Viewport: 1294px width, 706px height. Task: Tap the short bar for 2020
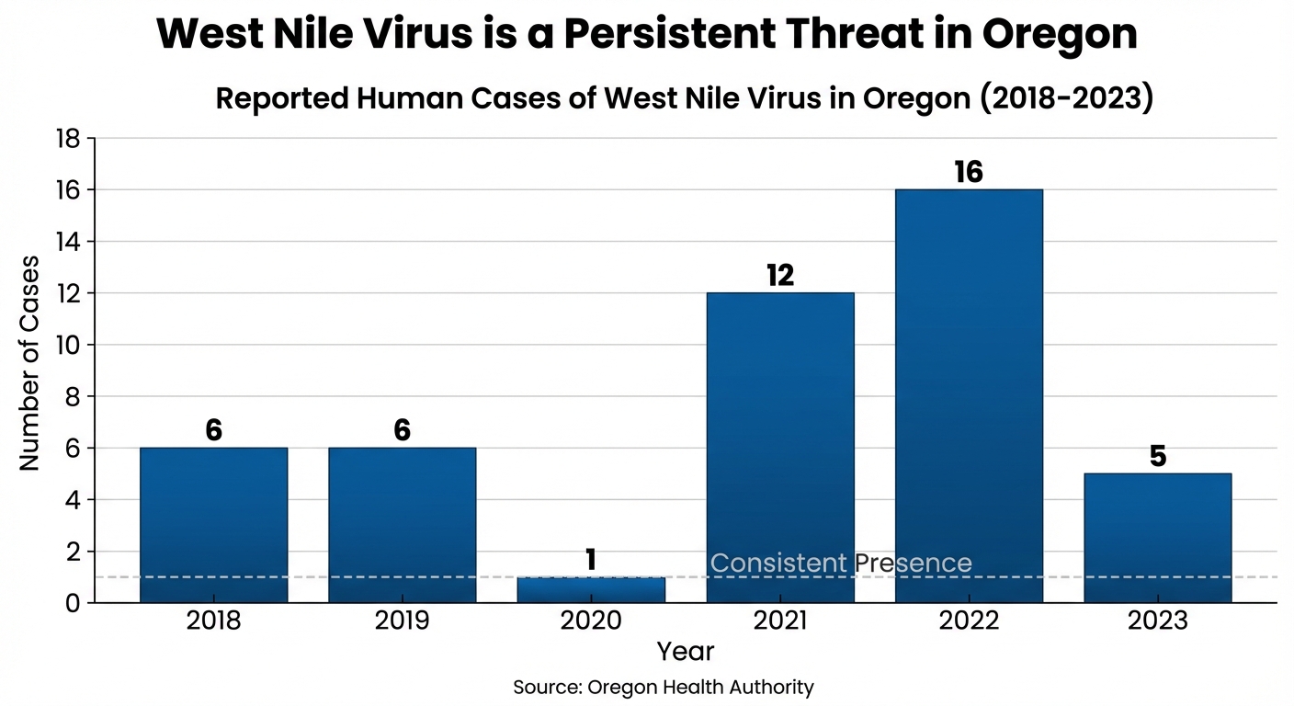click(591, 590)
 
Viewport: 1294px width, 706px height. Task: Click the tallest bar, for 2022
click(969, 395)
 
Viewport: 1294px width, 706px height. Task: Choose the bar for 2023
click(1157, 538)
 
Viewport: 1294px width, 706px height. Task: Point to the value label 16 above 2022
click(969, 172)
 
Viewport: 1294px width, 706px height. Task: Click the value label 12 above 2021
click(779, 275)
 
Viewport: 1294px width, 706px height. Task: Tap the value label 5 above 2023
click(1158, 456)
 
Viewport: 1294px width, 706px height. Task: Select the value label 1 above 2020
click(591, 560)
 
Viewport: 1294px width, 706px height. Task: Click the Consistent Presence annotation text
click(841, 563)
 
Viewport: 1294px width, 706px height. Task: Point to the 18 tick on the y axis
click(70, 139)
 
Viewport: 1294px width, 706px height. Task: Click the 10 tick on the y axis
click(70, 346)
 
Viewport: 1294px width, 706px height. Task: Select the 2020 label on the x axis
click(591, 621)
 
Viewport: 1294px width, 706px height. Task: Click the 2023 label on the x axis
click(1157, 621)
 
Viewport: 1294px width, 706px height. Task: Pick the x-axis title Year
click(686, 652)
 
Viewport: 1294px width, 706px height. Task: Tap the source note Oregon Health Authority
click(664, 687)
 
